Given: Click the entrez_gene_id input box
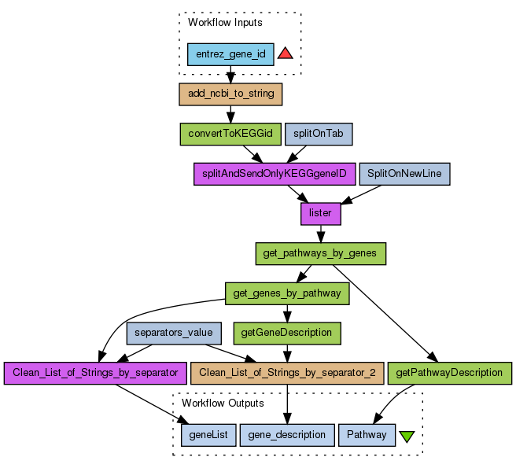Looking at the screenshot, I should [230, 54].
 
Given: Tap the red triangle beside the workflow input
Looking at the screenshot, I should [286, 53].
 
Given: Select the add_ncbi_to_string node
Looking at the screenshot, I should [231, 94].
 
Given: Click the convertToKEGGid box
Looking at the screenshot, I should [230, 134].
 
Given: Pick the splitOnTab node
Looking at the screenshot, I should [318, 134].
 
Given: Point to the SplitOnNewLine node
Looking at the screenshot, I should [404, 174].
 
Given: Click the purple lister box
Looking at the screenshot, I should [320, 213].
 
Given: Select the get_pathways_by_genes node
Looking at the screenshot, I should [320, 253].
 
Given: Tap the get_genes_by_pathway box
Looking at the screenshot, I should [287, 293].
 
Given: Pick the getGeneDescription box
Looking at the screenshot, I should [287, 333].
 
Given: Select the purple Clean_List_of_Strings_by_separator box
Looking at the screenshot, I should [95, 372].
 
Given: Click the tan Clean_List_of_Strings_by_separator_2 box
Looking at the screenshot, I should [287, 372].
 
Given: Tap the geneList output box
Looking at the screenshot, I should [208, 434].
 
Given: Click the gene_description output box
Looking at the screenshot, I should [287, 434].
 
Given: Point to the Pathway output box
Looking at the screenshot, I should [366, 434].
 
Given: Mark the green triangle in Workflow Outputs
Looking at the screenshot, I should [407, 435].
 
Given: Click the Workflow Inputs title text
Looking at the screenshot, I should [225, 22].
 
